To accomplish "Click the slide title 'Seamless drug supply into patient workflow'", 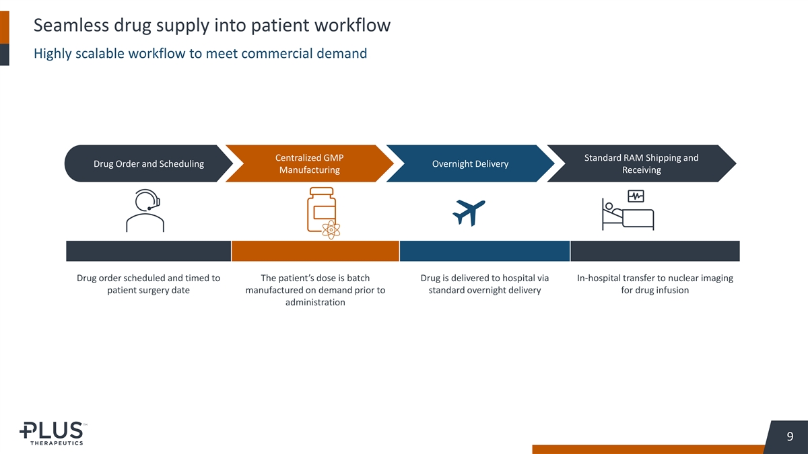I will [211, 26].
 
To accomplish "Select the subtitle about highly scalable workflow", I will [200, 54].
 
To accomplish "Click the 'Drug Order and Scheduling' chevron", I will [147, 164].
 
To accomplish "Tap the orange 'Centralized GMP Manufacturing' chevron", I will [309, 164].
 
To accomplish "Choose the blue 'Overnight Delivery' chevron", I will [470, 164].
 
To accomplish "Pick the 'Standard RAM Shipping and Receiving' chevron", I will [641, 164].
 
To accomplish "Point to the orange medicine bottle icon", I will [321, 209].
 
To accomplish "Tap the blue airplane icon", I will [469, 213].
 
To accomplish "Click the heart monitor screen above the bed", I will [636, 196].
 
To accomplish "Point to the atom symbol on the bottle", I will [331, 229].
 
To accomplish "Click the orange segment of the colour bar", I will [315, 251].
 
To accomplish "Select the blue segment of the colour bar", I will [485, 251].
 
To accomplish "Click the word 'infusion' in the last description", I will [670, 291].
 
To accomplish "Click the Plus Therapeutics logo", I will [52, 433].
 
